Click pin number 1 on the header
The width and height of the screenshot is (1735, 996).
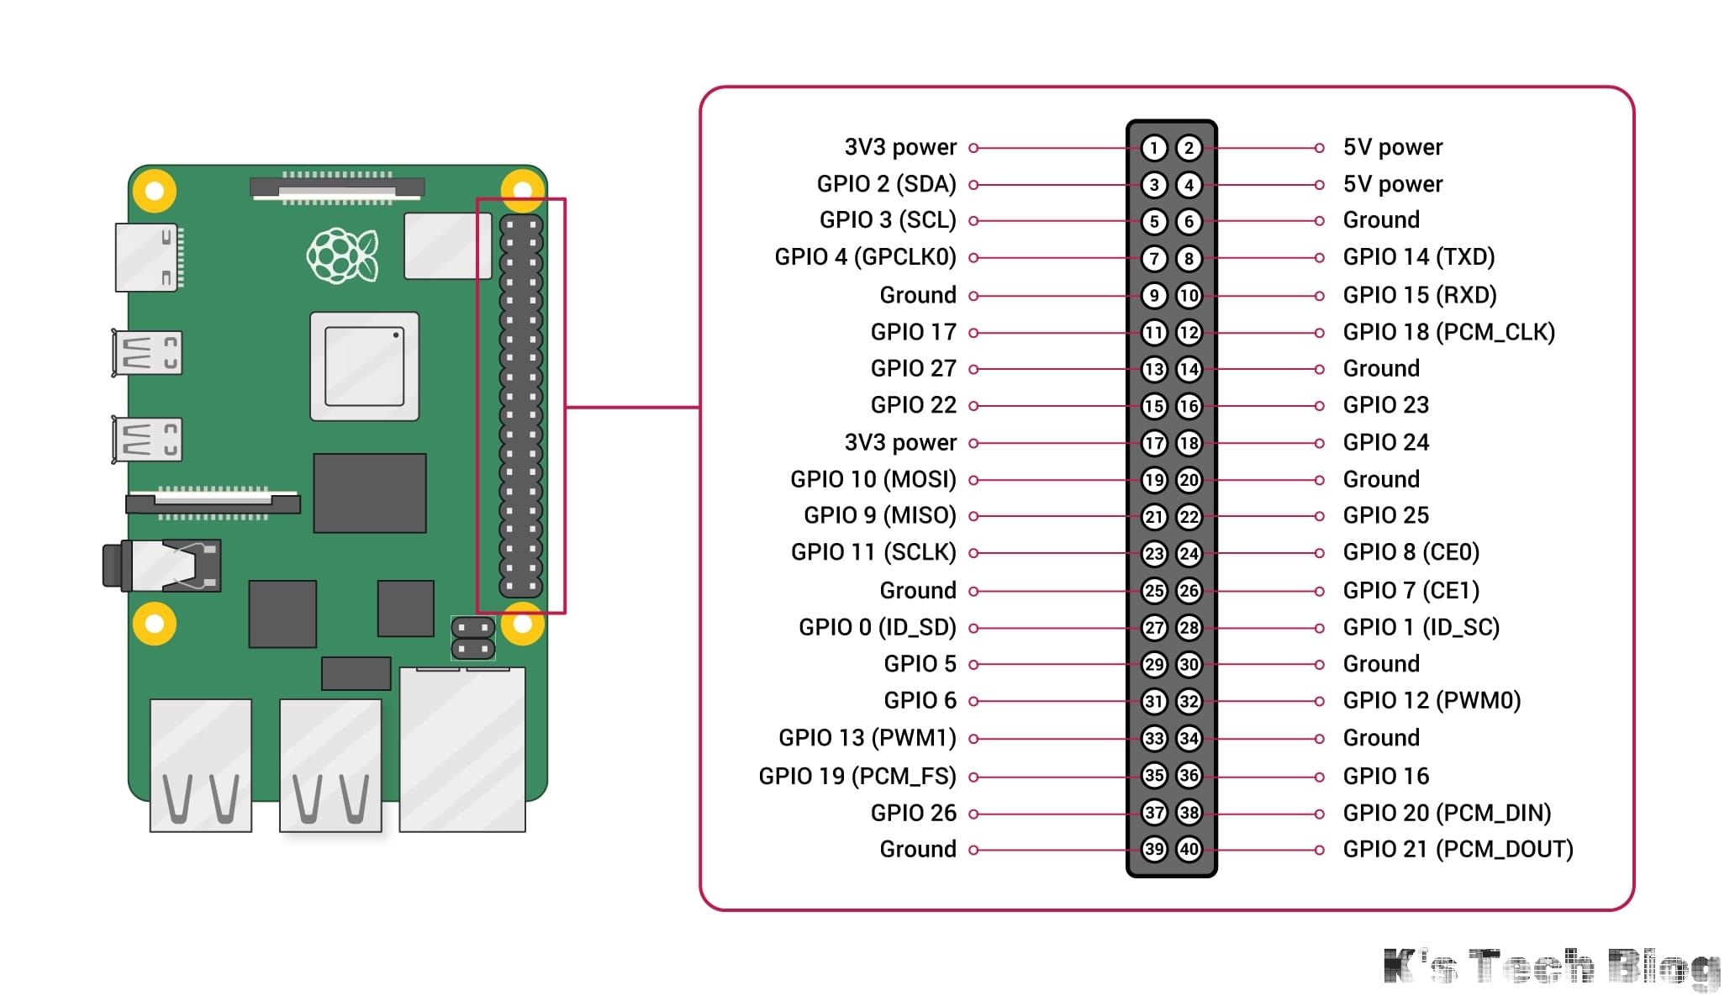(x=1154, y=149)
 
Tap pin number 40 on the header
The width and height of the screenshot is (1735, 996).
(x=1189, y=849)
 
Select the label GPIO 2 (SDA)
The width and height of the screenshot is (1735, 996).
(x=886, y=184)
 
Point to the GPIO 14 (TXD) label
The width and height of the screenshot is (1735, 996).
(x=1419, y=257)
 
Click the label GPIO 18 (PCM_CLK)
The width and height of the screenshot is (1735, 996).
(x=1448, y=332)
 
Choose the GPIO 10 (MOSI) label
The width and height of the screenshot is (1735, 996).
(x=873, y=479)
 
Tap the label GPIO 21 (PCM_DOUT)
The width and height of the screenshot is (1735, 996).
(x=1458, y=849)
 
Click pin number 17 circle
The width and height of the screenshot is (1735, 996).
(x=1154, y=443)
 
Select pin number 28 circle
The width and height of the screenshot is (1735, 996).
(x=1189, y=627)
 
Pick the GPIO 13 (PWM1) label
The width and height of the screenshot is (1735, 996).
(x=867, y=738)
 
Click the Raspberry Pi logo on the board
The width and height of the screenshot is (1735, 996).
(x=342, y=255)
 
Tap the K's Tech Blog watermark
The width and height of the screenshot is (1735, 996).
(x=1551, y=967)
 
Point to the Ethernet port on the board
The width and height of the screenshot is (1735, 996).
(x=462, y=748)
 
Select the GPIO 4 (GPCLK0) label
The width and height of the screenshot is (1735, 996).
(x=865, y=257)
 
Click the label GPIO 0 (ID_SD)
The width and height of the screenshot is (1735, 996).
(x=877, y=627)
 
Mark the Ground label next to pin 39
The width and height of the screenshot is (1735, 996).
(x=917, y=849)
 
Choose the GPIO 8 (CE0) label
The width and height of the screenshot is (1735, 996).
(x=1411, y=552)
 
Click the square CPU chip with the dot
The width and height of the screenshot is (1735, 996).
(x=364, y=366)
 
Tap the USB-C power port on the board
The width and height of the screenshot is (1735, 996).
(x=148, y=257)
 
